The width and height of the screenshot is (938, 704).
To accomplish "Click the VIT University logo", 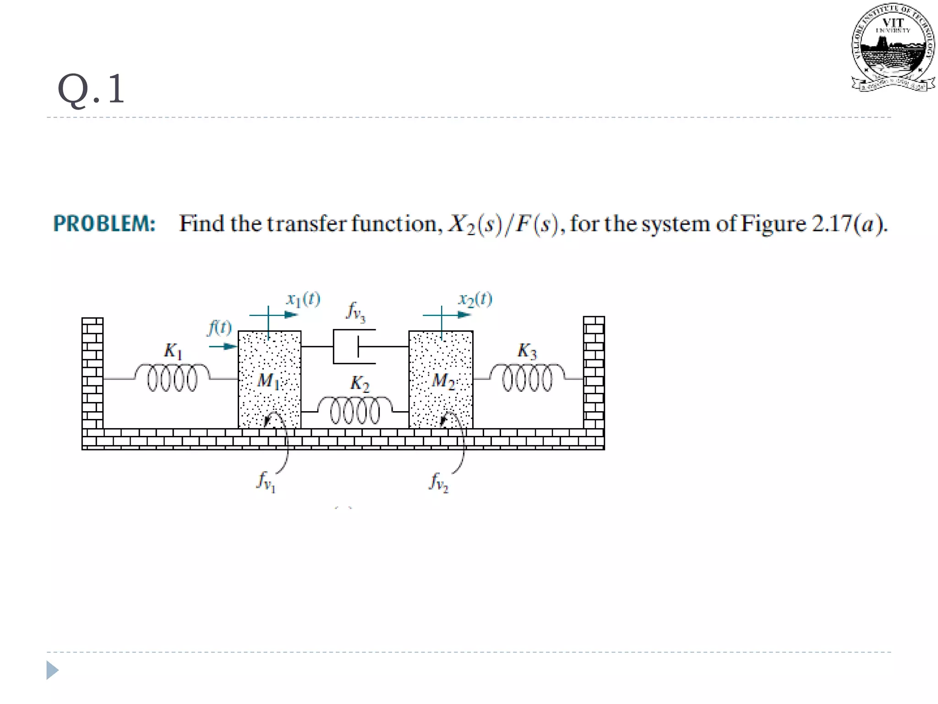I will click(893, 48).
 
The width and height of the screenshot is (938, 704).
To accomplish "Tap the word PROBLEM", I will click(104, 224).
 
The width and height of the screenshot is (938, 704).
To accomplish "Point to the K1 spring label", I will click(173, 351).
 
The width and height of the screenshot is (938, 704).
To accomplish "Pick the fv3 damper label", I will click(356, 312).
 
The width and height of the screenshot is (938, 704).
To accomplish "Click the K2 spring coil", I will click(355, 410).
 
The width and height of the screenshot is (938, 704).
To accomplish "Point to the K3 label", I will click(527, 351).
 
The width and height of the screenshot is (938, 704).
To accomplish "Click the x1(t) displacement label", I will click(303, 299).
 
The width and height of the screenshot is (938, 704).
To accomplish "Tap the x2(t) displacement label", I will click(475, 299).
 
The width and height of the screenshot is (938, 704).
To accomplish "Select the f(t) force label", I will click(219, 328).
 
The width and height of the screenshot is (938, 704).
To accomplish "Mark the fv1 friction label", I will click(266, 482).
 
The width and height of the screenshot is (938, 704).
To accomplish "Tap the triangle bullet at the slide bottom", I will click(52, 670).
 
